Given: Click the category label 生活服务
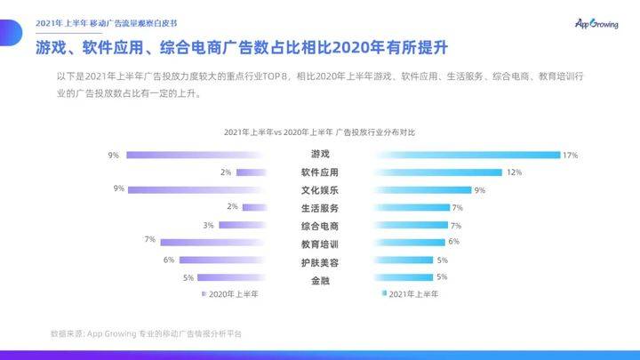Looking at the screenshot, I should [x=319, y=207].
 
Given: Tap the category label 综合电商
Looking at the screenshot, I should [x=319, y=225].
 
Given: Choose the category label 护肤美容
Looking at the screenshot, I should [x=319, y=262].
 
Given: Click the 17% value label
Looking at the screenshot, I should [x=570, y=156].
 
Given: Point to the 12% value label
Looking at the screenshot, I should [x=514, y=172].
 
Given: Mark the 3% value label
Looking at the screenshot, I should [x=208, y=225].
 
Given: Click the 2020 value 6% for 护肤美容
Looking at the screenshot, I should [x=169, y=260].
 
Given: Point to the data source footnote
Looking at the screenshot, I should [x=146, y=333].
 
